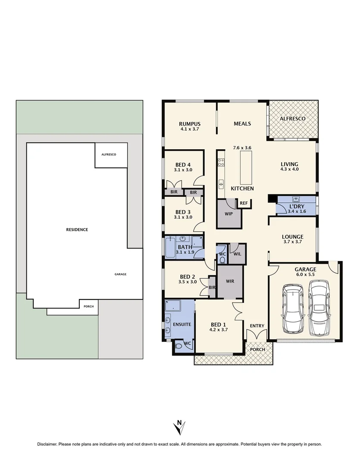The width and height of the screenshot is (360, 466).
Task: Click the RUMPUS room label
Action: pos(190,124)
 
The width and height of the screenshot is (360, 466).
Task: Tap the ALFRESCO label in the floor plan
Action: pos(293,119)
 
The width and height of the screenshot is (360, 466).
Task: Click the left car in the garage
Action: pos(293,309)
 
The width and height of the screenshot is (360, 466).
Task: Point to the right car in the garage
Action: pos(319,307)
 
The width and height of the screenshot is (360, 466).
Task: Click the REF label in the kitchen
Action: pos(244,203)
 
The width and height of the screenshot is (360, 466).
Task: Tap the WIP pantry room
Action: pos(229,214)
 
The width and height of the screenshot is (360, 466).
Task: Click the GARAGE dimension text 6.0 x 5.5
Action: pos(305,275)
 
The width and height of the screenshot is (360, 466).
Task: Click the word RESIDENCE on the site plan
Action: pos(78,230)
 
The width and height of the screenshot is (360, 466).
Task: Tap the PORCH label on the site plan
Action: pos(89,306)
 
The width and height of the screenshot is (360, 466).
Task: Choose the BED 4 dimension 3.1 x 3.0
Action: pos(183,170)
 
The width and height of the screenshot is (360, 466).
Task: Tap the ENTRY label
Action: pos(257,326)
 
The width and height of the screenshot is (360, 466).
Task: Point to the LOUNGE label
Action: pos(293,236)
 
